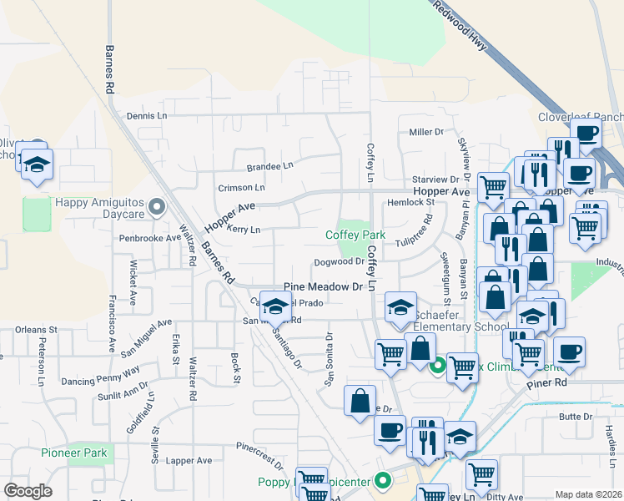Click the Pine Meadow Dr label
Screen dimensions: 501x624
point(325,287)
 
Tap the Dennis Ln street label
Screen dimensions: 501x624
point(146,116)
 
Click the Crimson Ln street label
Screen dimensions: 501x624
point(241,188)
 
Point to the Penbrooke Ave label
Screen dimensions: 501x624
point(149,237)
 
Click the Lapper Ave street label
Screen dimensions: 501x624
point(189,460)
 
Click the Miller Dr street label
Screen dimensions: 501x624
point(425,132)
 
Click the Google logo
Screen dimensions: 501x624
point(28,491)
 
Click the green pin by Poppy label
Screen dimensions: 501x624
point(383,480)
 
